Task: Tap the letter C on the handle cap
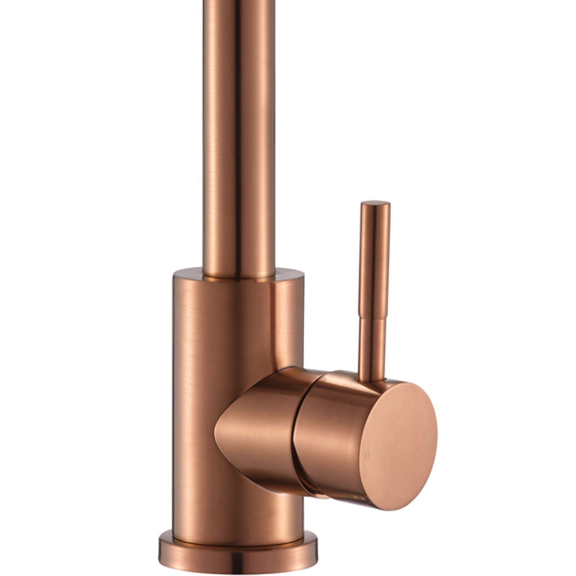coord(431,439)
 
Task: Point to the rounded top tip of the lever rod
coord(375,204)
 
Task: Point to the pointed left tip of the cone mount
coord(217,429)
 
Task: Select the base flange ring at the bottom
coord(238,556)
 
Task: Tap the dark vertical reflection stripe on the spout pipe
coord(237,144)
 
